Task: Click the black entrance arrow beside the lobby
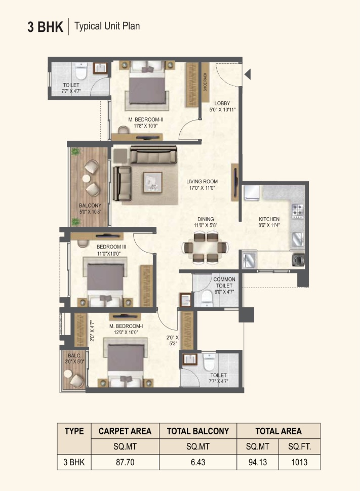[x=248, y=74]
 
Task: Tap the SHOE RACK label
[x=205, y=82]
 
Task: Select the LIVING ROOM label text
[x=202, y=181]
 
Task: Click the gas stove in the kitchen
[x=298, y=211]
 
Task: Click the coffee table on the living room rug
[x=153, y=182]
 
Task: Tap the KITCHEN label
[x=269, y=219]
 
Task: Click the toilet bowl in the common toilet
[x=207, y=299]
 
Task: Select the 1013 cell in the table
[x=299, y=462]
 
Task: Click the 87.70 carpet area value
[x=125, y=462]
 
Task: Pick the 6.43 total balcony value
[x=198, y=462]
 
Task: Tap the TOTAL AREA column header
[x=278, y=431]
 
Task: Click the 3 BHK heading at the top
[x=45, y=27]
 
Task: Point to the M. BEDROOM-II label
[x=146, y=119]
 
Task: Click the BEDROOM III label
[x=111, y=247]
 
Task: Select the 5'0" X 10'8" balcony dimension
[x=90, y=212]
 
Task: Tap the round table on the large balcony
[x=86, y=178]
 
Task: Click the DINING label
[x=206, y=219]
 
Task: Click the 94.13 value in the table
[x=258, y=462]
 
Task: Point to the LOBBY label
[x=222, y=103]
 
